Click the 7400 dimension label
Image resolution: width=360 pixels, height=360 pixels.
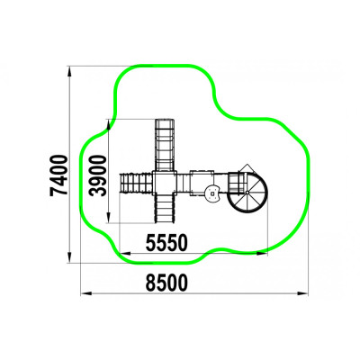click(59, 175)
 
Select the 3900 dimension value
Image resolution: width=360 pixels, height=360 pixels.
click(98, 175)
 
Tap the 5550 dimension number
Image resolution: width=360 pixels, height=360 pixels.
click(166, 243)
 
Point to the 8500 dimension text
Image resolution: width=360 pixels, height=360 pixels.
click(166, 283)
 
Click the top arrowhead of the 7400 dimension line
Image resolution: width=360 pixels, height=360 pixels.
click(69, 71)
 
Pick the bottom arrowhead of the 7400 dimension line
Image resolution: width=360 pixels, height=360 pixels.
click(69, 257)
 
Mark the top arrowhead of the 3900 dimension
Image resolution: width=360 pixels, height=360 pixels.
click(109, 125)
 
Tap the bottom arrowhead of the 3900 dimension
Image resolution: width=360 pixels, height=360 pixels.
click(109, 218)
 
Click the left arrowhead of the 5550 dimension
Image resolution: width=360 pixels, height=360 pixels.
click(125, 254)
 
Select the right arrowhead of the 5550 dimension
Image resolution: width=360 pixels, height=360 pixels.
click(262, 254)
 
